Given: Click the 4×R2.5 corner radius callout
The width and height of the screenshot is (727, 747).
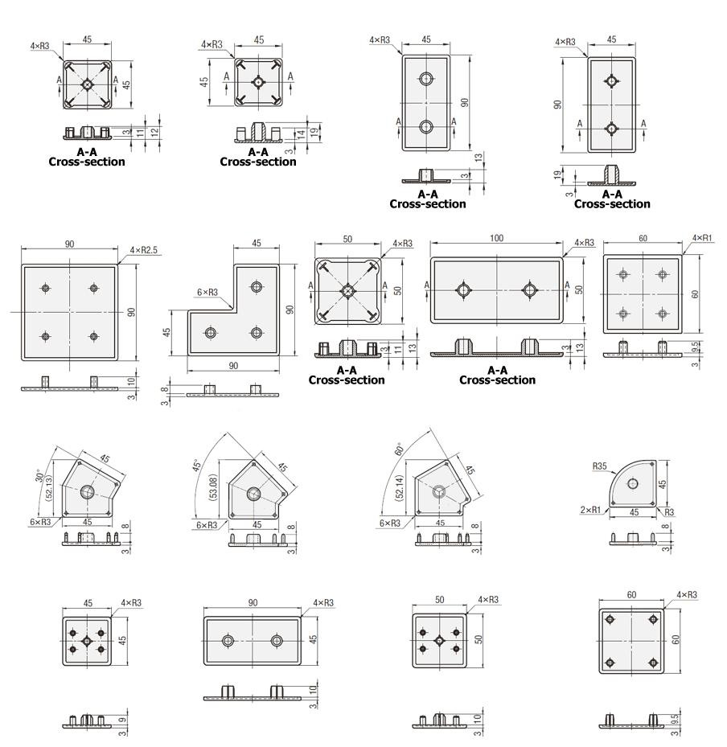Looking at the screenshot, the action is [143, 250].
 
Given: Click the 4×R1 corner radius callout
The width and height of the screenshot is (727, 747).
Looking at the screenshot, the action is [702, 238].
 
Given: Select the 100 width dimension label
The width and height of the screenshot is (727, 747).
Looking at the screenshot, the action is [496, 238].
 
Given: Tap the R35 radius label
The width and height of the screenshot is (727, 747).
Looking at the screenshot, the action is [600, 466].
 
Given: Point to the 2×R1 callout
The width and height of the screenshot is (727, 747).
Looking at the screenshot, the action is [590, 510].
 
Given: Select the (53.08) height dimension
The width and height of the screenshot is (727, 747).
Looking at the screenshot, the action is [213, 487].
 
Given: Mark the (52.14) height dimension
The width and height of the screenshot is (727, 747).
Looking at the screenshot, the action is [400, 487].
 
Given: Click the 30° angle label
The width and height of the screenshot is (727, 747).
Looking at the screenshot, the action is [40, 475].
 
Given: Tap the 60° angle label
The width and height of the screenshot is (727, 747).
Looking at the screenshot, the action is [399, 449].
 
